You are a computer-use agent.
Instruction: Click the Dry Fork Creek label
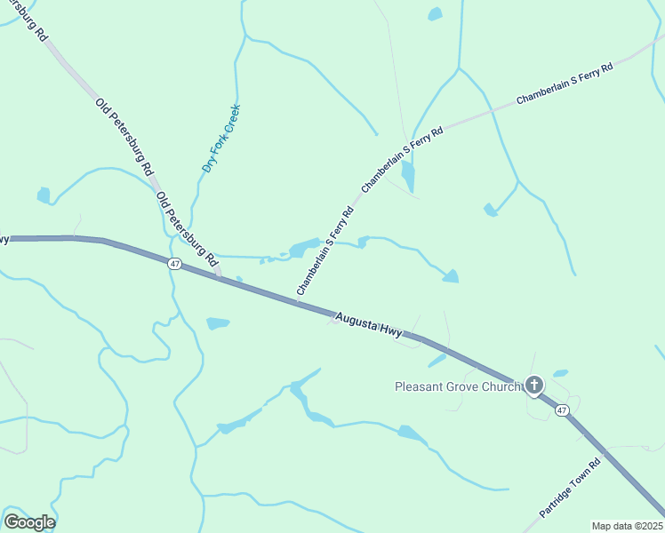(221, 138)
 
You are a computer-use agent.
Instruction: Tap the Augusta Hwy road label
(368, 324)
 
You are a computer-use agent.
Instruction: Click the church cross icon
(534, 385)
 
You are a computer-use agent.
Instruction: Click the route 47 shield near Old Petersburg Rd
(174, 264)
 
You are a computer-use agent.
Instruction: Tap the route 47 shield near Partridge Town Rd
(562, 410)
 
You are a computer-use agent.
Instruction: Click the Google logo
(29, 521)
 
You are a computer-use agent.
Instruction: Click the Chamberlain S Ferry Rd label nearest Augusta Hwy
(325, 251)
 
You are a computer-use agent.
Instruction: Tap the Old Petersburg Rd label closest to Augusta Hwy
(187, 229)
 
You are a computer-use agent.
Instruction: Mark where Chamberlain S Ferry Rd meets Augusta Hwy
(298, 303)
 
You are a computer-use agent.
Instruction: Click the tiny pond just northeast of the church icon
(560, 373)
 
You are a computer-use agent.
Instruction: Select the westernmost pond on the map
(44, 195)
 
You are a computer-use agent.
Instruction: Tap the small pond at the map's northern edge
(435, 14)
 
